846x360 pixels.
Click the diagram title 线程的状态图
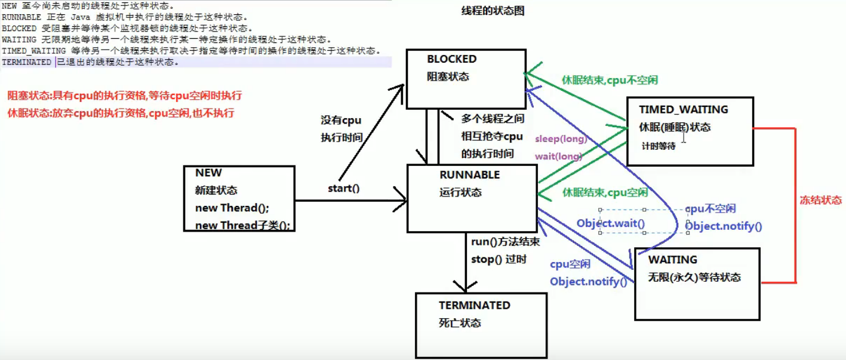(x=493, y=11)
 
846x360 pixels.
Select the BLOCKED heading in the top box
(x=452, y=59)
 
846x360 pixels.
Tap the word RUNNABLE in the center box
(x=469, y=174)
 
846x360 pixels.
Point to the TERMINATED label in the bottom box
(x=475, y=305)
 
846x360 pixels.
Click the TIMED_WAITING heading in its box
(x=683, y=109)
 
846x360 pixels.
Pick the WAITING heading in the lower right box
(x=673, y=260)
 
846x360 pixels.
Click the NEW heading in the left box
(x=208, y=173)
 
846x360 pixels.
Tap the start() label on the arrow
(x=344, y=188)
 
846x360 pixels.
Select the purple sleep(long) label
(x=561, y=139)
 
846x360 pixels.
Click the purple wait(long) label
(x=558, y=156)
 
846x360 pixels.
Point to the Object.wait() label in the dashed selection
(x=610, y=223)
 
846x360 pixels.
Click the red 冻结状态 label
(x=821, y=200)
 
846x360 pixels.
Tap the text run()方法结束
(x=505, y=242)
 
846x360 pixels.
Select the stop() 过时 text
(x=499, y=260)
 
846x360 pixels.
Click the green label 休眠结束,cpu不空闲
(x=610, y=80)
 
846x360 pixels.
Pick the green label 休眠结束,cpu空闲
(x=605, y=193)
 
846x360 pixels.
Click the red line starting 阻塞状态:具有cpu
(x=125, y=96)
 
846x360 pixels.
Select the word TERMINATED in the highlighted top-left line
(x=26, y=62)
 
